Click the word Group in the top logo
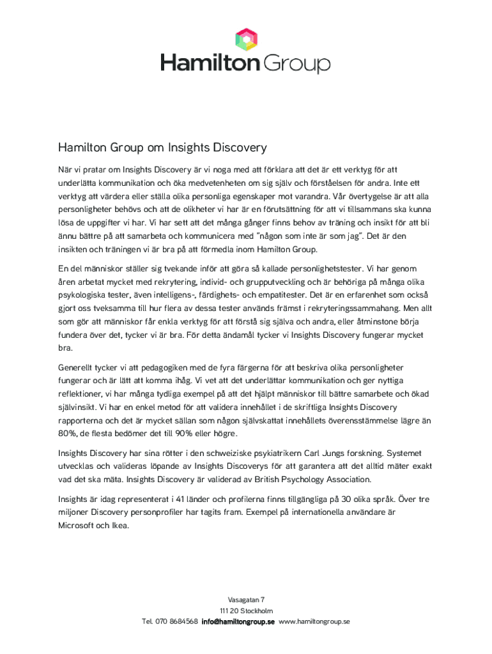297,63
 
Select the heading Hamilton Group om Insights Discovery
162,148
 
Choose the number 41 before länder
190,499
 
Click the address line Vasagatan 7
246,600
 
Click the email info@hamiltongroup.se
238,621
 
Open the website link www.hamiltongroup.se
314,621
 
